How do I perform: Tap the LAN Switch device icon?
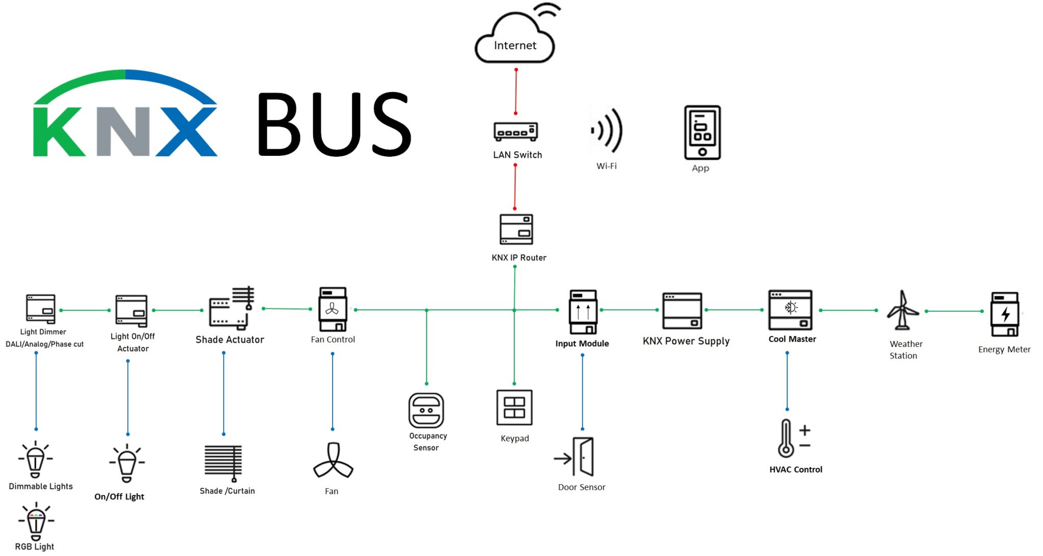[515, 131]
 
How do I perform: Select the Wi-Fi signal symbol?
[607, 131]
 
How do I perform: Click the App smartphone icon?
[702, 132]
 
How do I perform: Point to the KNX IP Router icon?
[516, 229]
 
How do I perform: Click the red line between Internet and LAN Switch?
[515, 92]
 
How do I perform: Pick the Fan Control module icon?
[333, 309]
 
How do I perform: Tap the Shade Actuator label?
[230, 340]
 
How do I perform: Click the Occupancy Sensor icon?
[426, 410]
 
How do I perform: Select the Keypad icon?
[514, 407]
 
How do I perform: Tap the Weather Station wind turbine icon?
[902, 311]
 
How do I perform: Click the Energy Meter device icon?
[1004, 314]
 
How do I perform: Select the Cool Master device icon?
[790, 310]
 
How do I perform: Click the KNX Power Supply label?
[686, 341]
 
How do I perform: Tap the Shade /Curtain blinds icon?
[223, 462]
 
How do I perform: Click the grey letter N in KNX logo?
[124, 131]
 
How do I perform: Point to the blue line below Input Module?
[583, 392]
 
